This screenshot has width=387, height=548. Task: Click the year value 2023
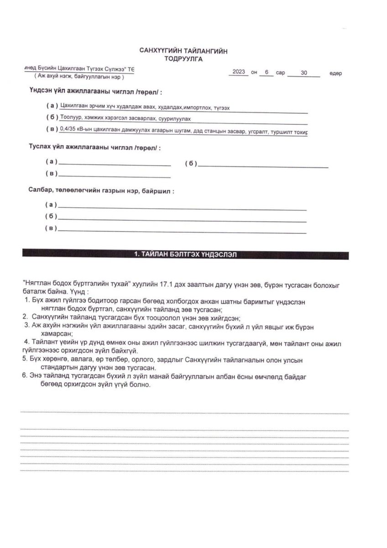click(x=239, y=72)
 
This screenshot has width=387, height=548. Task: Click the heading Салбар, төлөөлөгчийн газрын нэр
click(x=101, y=191)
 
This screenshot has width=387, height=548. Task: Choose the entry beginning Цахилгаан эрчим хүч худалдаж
click(x=145, y=107)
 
